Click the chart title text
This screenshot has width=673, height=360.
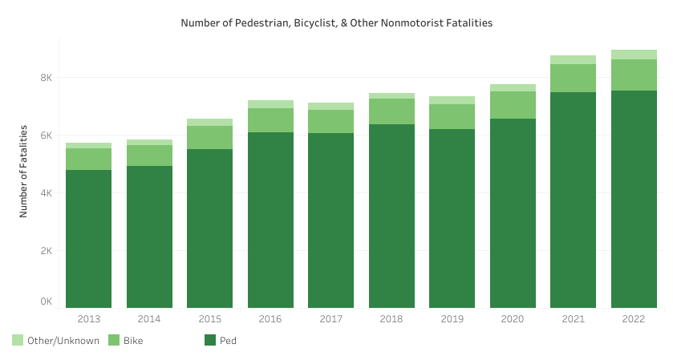[x=336, y=23]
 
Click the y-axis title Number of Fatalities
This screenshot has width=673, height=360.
[x=23, y=171]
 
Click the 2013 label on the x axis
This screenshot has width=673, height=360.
[x=88, y=319]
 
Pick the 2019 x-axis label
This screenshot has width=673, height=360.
[x=452, y=319]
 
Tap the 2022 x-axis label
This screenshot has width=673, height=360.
[x=634, y=319]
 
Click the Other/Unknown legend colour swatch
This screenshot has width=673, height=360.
[x=18, y=340]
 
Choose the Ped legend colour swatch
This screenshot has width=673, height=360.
[x=210, y=340]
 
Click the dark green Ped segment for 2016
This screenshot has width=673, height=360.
[x=270, y=220]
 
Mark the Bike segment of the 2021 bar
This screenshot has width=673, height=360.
[x=573, y=78]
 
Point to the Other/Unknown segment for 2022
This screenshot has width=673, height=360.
[x=634, y=55]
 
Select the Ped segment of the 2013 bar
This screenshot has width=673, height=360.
[x=88, y=239]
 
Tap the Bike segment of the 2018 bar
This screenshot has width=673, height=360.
[x=391, y=111]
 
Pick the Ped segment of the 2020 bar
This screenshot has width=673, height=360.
[x=513, y=213]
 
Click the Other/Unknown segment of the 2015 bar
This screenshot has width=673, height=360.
[x=209, y=122]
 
